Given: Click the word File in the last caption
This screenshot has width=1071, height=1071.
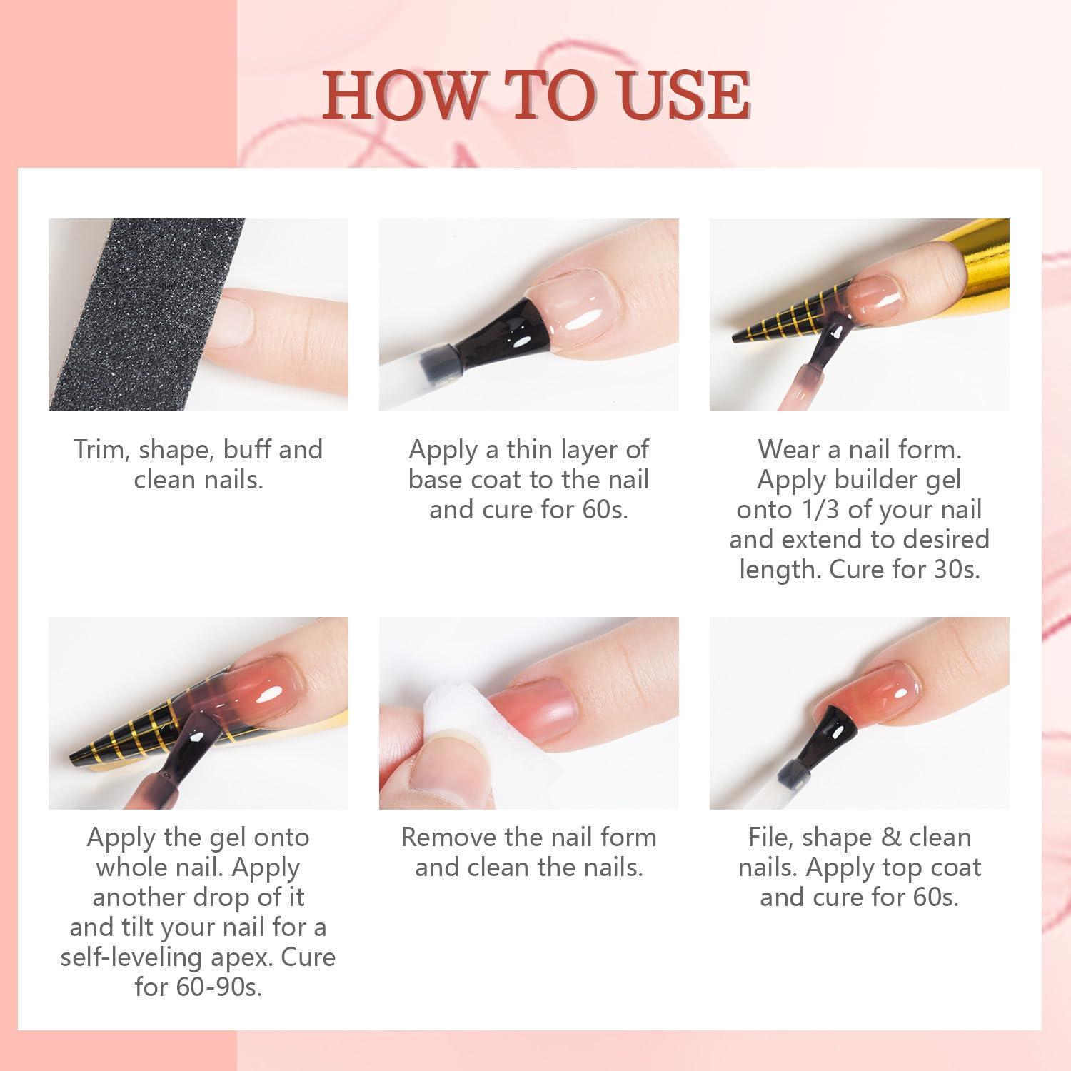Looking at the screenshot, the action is [771, 837].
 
